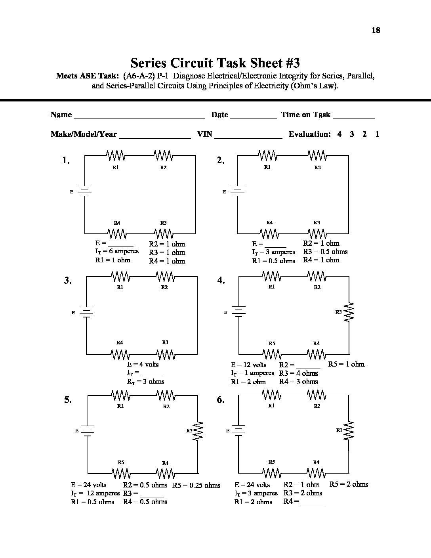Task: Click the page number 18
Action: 376,30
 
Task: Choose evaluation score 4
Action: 339,134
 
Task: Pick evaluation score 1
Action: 377,134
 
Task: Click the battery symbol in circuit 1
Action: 85,191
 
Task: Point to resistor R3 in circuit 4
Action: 349,312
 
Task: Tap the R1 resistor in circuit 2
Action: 268,155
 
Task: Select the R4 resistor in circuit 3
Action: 120,354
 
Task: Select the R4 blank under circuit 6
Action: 313,503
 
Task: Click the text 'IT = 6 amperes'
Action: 117,251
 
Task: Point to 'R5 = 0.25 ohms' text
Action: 196,485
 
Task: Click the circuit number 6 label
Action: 221,400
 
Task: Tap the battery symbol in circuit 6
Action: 238,430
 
